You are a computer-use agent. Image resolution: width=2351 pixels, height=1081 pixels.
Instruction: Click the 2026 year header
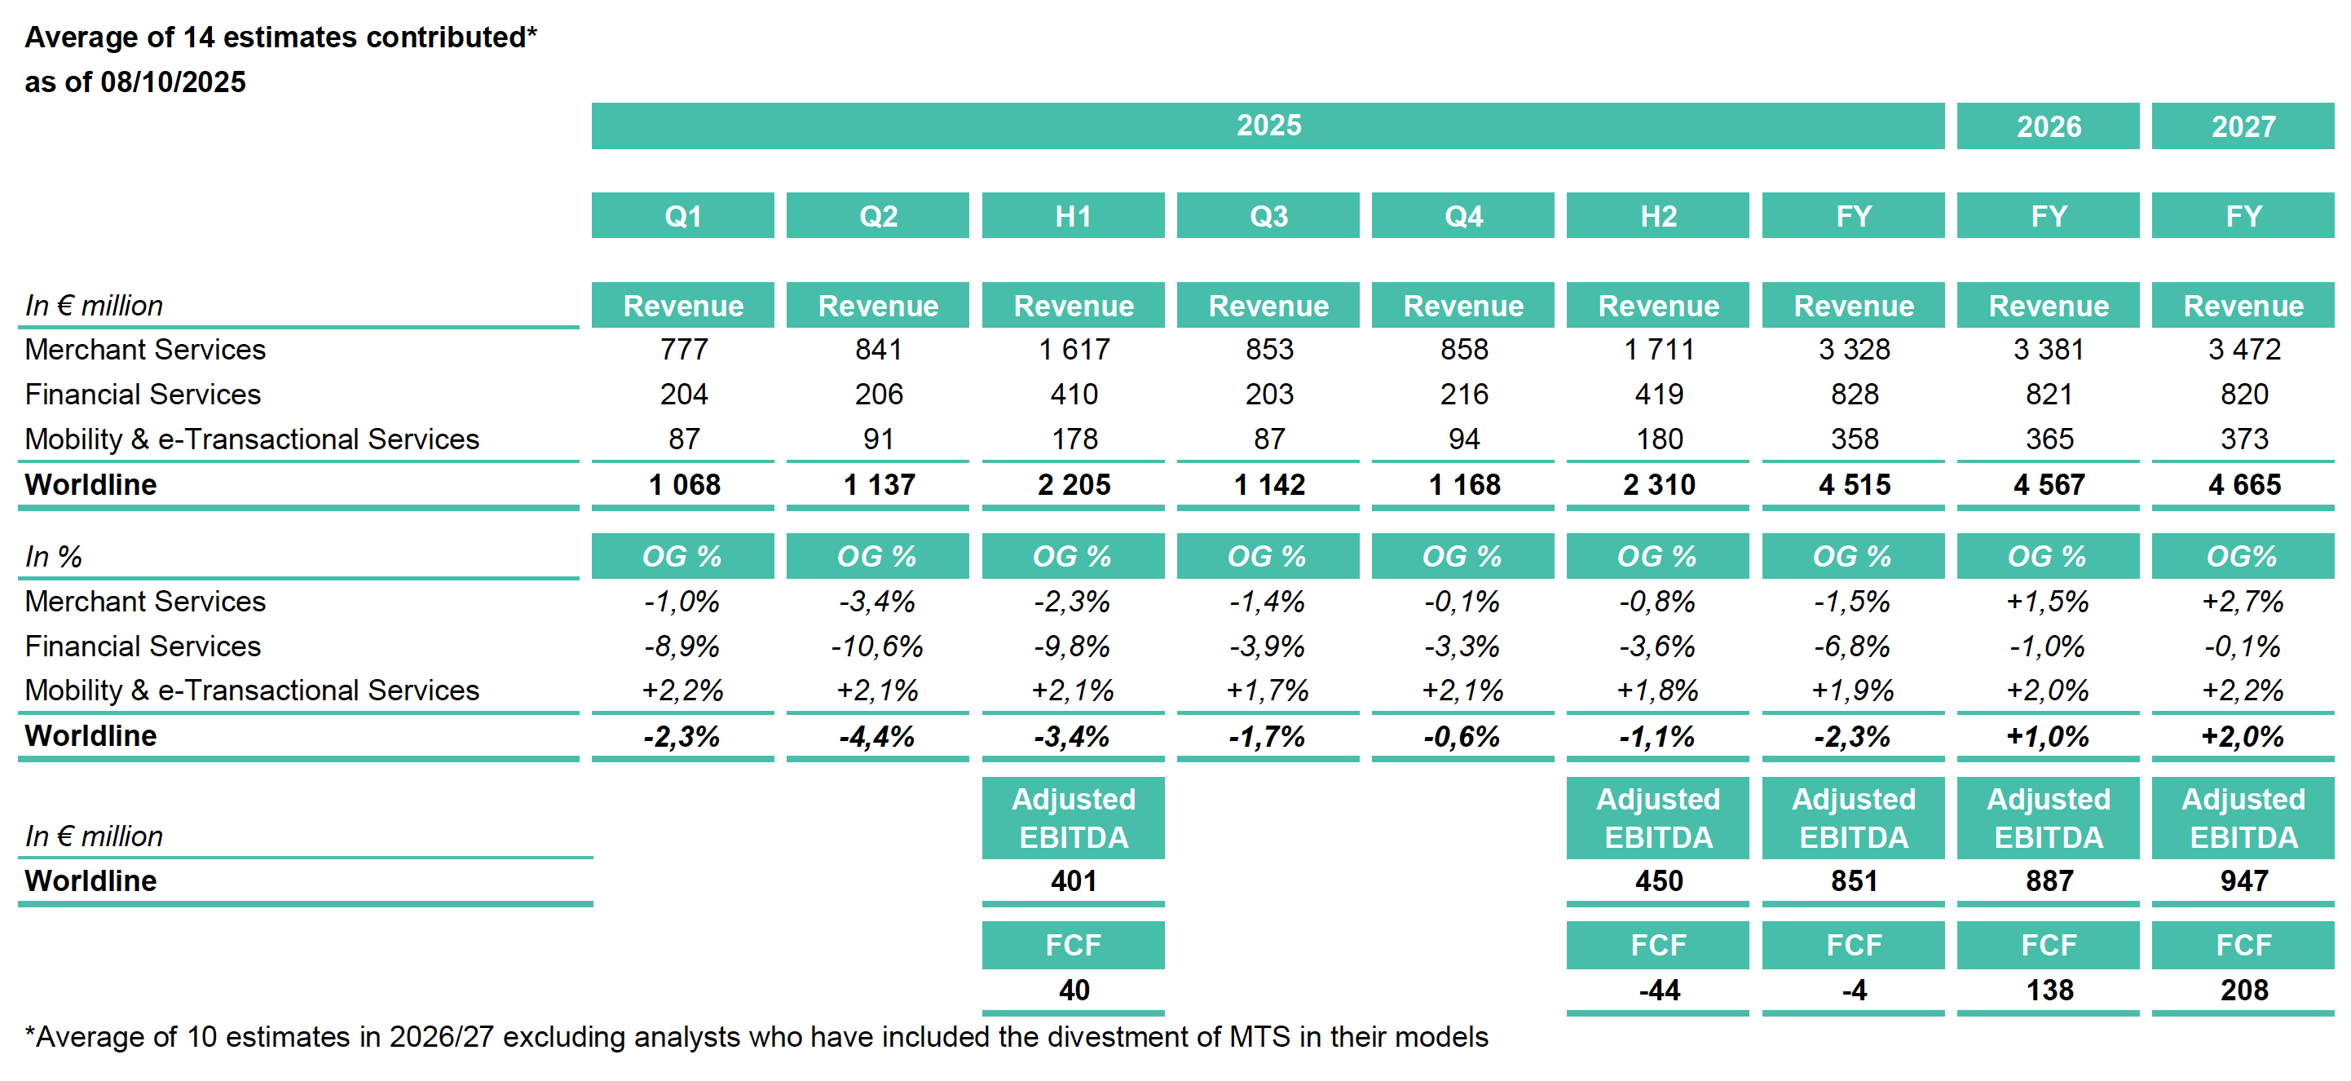click(x=2048, y=126)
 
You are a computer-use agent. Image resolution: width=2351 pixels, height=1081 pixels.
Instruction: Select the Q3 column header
click(x=1268, y=215)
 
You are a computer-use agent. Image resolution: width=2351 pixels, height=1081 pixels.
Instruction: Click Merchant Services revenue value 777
click(x=684, y=350)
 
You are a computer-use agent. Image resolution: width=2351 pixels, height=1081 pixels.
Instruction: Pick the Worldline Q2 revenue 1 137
click(x=878, y=485)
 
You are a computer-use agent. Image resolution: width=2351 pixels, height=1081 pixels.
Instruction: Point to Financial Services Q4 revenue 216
click(x=1463, y=395)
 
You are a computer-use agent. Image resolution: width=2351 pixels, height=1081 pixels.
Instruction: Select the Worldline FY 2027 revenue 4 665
click(x=2243, y=485)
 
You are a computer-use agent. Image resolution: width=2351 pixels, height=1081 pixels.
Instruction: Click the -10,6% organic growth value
click(x=877, y=646)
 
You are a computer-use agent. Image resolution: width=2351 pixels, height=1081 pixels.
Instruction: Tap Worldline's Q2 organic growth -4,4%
click(x=877, y=737)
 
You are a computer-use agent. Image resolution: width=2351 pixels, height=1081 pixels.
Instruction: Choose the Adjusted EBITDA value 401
click(x=1074, y=881)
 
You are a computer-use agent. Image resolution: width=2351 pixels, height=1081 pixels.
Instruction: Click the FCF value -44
click(x=1658, y=991)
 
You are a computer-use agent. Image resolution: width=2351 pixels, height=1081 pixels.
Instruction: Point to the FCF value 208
click(x=2243, y=991)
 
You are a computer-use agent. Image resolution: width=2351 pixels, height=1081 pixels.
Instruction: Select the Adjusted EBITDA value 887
click(x=2049, y=881)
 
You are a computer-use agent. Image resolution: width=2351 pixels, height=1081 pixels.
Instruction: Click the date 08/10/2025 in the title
click(x=174, y=82)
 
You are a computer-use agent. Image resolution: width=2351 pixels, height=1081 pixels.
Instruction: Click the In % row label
click(x=54, y=557)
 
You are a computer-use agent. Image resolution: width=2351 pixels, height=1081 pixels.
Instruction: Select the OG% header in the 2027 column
click(x=2243, y=557)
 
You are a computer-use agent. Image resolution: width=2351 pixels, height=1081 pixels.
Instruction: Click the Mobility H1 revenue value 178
click(x=1074, y=439)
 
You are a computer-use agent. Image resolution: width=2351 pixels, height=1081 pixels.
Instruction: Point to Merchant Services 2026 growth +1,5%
click(x=2048, y=602)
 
